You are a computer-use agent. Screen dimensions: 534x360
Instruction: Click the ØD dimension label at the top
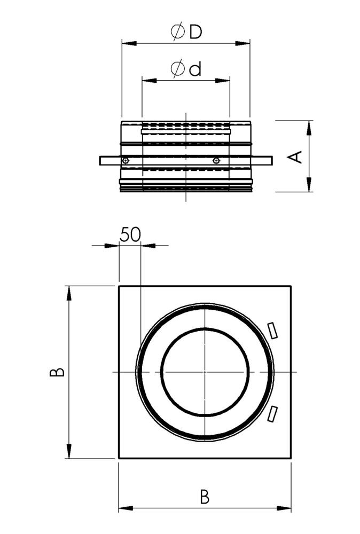point(186,32)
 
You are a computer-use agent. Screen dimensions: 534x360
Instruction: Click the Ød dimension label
point(186,69)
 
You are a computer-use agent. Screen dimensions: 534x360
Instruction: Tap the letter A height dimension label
point(295,156)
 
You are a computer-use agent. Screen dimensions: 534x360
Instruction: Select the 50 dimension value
point(130,235)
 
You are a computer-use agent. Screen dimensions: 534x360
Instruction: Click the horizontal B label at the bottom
point(205,497)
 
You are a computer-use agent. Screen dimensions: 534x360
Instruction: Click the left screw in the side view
point(124,161)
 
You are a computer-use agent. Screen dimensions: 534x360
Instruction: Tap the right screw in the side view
point(216,161)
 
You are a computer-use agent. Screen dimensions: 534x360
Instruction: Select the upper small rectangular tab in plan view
point(272,330)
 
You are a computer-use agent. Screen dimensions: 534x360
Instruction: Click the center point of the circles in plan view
point(205,372)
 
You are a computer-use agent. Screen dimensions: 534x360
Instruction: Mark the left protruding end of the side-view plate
point(103,160)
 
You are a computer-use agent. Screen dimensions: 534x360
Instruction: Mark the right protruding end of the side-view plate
point(269,160)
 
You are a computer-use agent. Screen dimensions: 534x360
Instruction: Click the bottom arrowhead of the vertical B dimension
point(69,454)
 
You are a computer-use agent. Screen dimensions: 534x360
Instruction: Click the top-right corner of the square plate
point(291,286)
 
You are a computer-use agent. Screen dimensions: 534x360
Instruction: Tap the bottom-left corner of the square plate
point(119,458)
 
